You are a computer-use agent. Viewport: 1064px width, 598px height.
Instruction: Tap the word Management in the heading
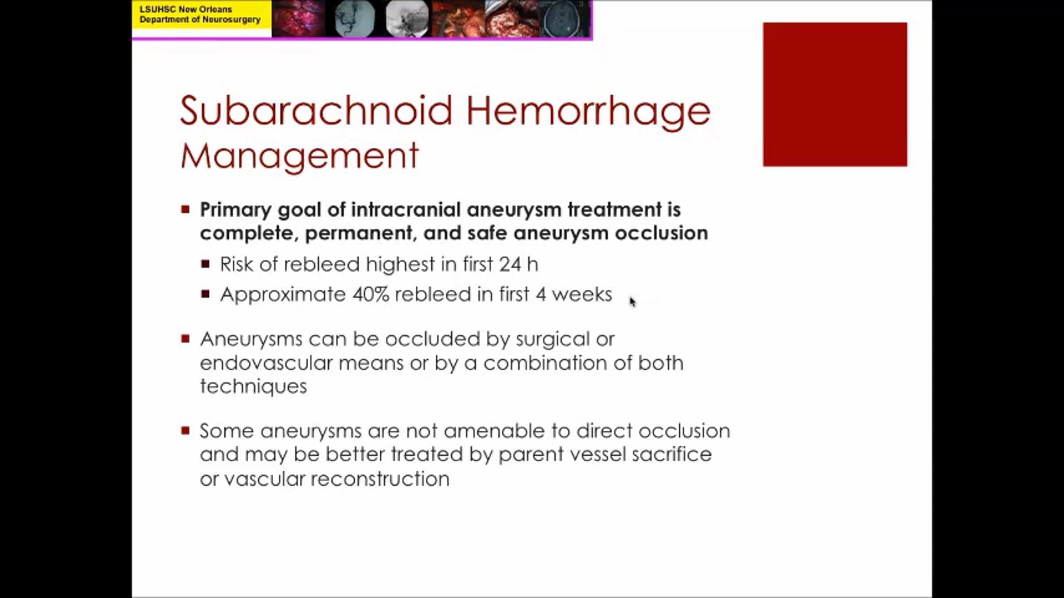tap(300, 156)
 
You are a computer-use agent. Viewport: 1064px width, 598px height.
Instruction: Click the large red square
tap(835, 94)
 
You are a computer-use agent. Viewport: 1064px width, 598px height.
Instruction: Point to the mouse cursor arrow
tap(633, 302)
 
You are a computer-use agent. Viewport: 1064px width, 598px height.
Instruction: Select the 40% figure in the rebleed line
tap(371, 294)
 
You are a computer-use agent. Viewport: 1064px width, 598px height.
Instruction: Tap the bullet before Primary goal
tap(185, 209)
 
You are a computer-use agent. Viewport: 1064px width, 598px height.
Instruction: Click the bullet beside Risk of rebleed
tap(205, 264)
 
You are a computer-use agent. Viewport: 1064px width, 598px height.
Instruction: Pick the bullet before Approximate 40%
tap(205, 294)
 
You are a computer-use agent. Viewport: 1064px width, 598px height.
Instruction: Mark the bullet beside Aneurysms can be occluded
tap(185, 339)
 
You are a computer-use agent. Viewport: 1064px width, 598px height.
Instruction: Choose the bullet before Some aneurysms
tap(185, 430)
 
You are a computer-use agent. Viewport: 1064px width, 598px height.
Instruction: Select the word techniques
tap(253, 387)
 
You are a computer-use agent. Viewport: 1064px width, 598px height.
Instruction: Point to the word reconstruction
tap(380, 479)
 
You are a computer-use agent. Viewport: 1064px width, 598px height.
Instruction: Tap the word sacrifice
tap(672, 454)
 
